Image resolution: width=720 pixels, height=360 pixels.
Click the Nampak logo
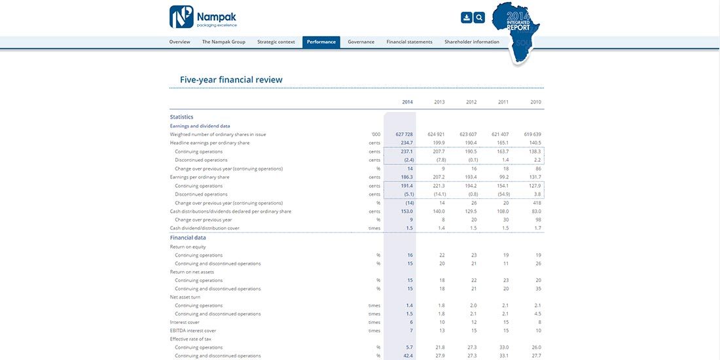pyautogui.click(x=203, y=17)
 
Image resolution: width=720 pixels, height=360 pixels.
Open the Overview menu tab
pyautogui.click(x=179, y=42)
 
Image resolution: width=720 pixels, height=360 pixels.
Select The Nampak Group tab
pyautogui.click(x=224, y=42)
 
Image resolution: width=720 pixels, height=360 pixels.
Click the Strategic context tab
pyautogui.click(x=276, y=42)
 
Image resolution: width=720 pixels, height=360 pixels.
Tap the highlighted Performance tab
pyautogui.click(x=321, y=42)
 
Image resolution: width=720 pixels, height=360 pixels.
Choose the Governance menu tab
pyautogui.click(x=361, y=42)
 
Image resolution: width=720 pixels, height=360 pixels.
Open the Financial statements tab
pyautogui.click(x=409, y=42)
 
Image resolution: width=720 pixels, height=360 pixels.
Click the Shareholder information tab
pyautogui.click(x=472, y=42)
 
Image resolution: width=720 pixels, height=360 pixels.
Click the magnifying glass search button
pyautogui.click(x=479, y=18)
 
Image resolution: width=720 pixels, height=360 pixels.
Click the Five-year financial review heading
pyautogui.click(x=231, y=80)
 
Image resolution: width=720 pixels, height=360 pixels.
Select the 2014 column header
pyautogui.click(x=407, y=102)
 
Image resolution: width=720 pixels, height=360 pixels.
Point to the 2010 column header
pyautogui.click(x=535, y=102)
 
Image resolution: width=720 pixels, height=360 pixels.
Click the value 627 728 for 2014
pyautogui.click(x=404, y=134)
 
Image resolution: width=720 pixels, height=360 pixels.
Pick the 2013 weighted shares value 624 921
pyautogui.click(x=436, y=134)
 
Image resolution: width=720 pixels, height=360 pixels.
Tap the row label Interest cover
pyautogui.click(x=185, y=322)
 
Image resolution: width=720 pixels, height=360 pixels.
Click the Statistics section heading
pyautogui.click(x=181, y=117)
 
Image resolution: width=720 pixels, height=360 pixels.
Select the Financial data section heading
pyautogui.click(x=188, y=238)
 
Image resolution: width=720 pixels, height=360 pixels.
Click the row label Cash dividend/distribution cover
pyautogui.click(x=205, y=228)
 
